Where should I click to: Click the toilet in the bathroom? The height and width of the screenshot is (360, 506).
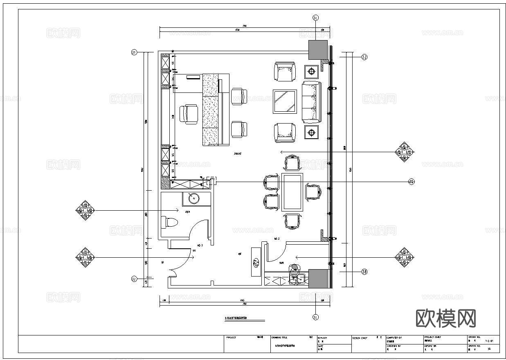pyautogui.click(x=170, y=222)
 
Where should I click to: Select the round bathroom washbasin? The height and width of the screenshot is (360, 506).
pyautogui.click(x=194, y=198)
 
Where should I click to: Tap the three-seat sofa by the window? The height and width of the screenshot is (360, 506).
pyautogui.click(x=312, y=102)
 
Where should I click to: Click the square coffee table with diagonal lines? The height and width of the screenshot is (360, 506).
pyautogui.click(x=285, y=101)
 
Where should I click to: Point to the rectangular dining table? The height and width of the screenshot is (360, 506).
pyautogui.click(x=292, y=192)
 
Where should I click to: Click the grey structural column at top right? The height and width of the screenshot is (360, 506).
pyautogui.click(x=318, y=49)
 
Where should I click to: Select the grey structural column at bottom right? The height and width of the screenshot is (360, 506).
pyautogui.click(x=318, y=279)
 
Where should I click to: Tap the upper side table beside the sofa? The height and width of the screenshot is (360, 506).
pyautogui.click(x=312, y=72)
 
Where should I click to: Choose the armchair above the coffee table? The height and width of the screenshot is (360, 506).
pyautogui.click(x=284, y=72)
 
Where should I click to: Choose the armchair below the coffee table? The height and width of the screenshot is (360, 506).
pyautogui.click(x=284, y=133)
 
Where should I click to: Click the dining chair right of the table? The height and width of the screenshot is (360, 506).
pyautogui.click(x=313, y=192)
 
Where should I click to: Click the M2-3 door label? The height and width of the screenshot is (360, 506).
pyautogui.click(x=200, y=245)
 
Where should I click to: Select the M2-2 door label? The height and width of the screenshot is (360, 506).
pyautogui.click(x=277, y=239)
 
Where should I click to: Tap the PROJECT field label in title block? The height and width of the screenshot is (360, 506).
pyautogui.click(x=231, y=338)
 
